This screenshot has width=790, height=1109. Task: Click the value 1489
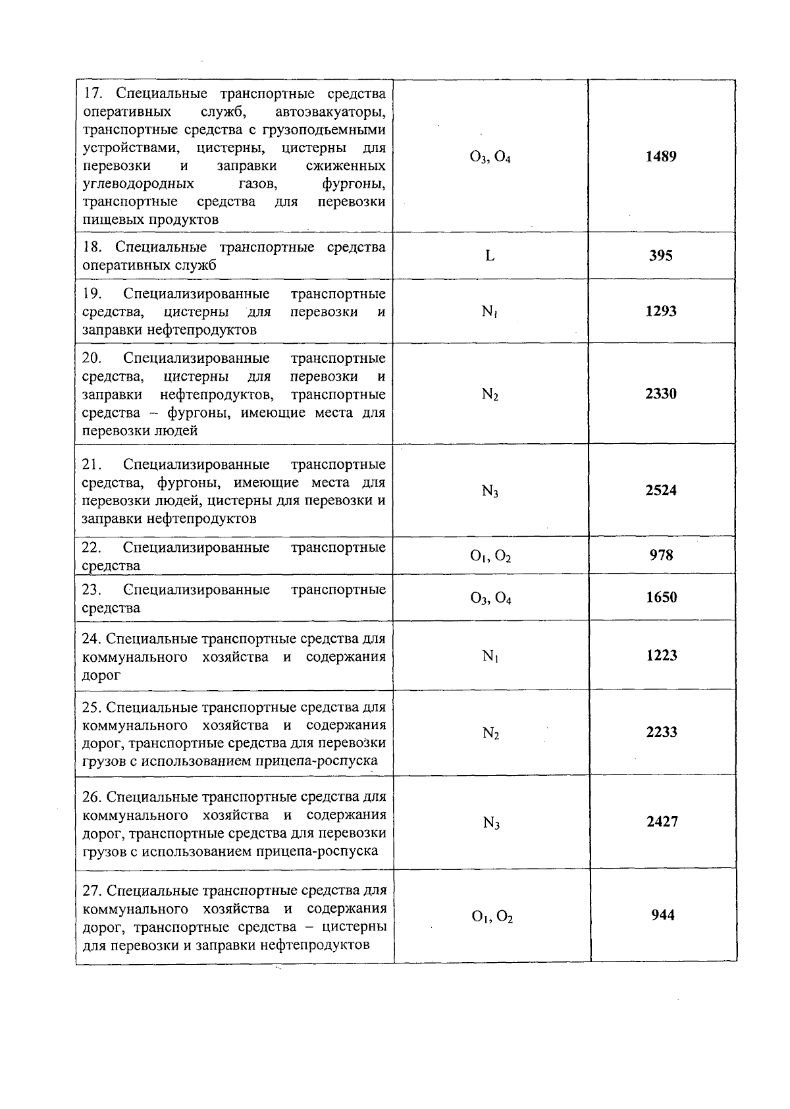pyautogui.click(x=660, y=157)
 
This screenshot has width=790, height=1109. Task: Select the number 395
pyautogui.click(x=660, y=256)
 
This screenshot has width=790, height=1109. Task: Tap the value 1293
pyautogui.click(x=660, y=311)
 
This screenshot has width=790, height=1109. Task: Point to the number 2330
pyautogui.click(x=660, y=394)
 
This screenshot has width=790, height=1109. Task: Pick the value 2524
pyautogui.click(x=660, y=490)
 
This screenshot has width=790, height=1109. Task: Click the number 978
pyautogui.click(x=661, y=555)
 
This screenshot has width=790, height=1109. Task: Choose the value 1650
pyautogui.click(x=661, y=597)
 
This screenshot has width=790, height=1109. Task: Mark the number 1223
pyautogui.click(x=661, y=655)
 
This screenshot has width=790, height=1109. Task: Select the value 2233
pyautogui.click(x=662, y=732)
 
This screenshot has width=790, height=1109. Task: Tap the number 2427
pyautogui.click(x=662, y=822)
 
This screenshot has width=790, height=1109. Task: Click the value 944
pyautogui.click(x=662, y=915)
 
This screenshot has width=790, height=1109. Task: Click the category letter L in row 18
pyautogui.click(x=490, y=256)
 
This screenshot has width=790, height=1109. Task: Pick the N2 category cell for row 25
pyautogui.click(x=490, y=733)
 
